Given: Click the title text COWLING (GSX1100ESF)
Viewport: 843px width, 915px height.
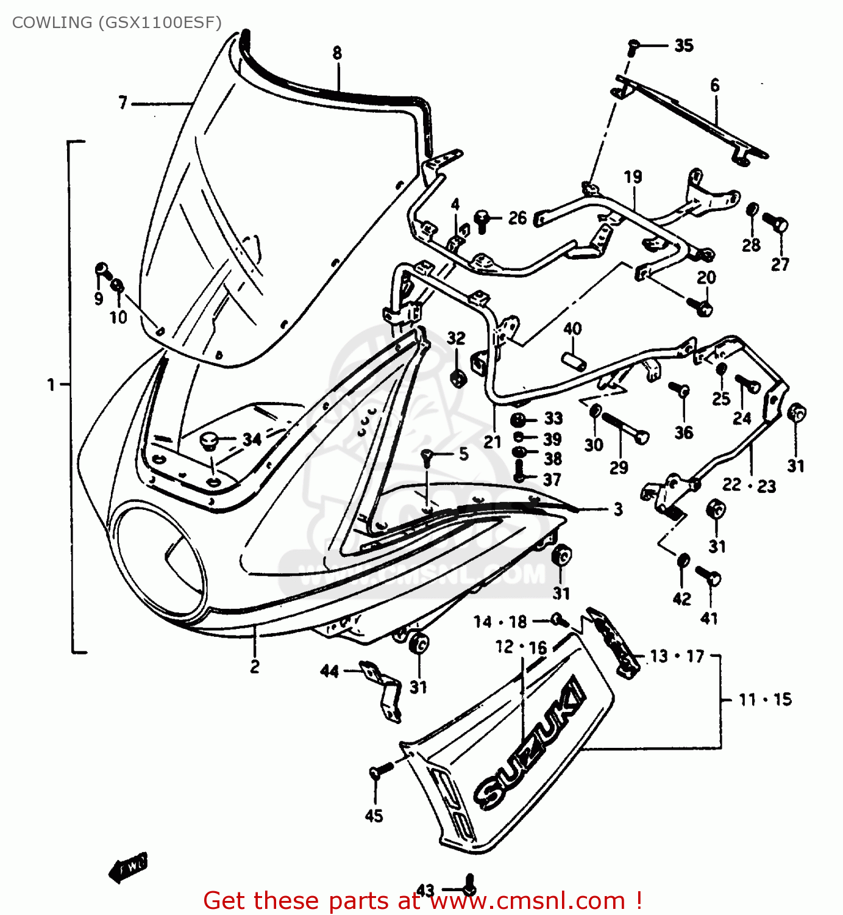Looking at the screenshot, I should coord(116,23).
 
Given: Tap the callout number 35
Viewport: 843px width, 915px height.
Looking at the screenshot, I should coord(683,45).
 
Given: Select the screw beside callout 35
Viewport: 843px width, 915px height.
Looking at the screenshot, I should coord(633,46).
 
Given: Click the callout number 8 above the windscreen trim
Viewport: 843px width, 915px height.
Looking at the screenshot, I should coord(337,53).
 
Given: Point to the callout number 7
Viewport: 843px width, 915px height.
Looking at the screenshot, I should coord(123,102).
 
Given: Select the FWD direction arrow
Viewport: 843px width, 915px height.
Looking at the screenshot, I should coord(129,866).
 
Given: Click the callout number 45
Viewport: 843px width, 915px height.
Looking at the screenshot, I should coord(374,816).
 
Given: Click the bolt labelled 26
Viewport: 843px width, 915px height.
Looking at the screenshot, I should coord(482,220).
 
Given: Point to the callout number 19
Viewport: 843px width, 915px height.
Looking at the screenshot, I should coord(633,177).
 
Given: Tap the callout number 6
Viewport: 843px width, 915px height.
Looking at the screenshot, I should coord(714,85).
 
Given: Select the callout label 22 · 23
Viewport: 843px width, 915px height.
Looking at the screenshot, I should coord(749,486).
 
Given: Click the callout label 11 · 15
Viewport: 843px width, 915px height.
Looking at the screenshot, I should coord(765,700).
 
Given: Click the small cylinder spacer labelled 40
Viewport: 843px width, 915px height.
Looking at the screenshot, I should coord(574,361).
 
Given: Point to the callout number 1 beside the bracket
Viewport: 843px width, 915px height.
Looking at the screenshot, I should coord(51,385).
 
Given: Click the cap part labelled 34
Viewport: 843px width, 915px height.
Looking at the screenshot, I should coord(209,440).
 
